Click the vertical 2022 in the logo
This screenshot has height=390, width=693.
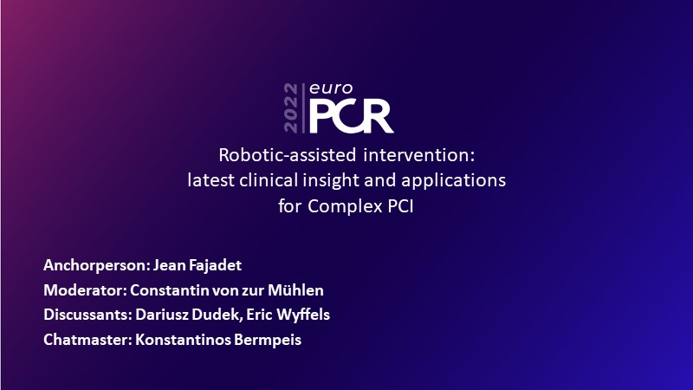coord(291,107)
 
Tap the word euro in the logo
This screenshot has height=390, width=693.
coord(331,88)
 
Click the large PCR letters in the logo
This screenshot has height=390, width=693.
coord(352,116)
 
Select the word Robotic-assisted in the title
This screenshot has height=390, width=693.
coord(288,155)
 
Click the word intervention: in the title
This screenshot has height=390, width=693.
coord(419,155)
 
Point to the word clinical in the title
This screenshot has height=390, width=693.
coord(269,180)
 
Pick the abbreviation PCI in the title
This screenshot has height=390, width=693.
coord(401,206)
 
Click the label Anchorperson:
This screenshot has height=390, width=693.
coord(96,266)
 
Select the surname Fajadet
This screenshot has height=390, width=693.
coord(215,265)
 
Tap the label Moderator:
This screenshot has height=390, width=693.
coord(85,290)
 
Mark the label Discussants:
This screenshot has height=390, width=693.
coord(88,315)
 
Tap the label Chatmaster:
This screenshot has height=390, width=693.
coord(88,340)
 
